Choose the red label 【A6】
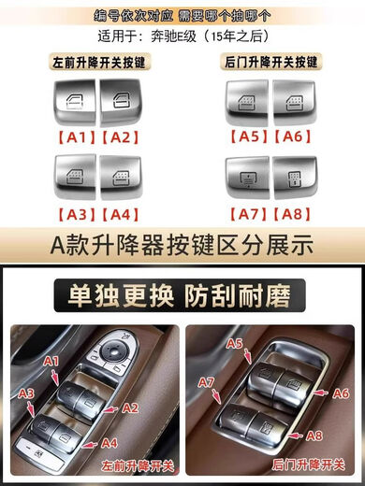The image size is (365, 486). tap(295, 136)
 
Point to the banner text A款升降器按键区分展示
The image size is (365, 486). tap(182, 248)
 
